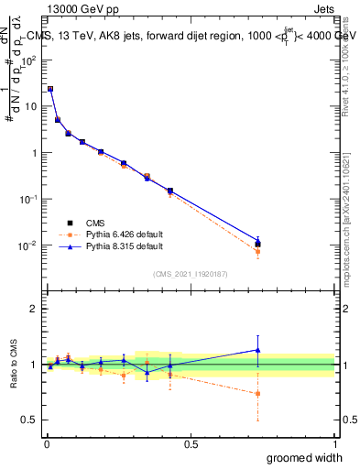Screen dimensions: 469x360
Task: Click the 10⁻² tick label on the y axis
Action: point(27,245)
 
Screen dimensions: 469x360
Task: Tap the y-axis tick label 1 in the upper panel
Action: point(33,153)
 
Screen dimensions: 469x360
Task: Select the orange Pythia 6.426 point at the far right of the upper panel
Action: point(258,251)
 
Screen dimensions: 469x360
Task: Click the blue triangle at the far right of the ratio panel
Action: point(258,350)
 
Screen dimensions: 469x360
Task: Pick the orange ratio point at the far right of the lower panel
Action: point(258,394)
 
